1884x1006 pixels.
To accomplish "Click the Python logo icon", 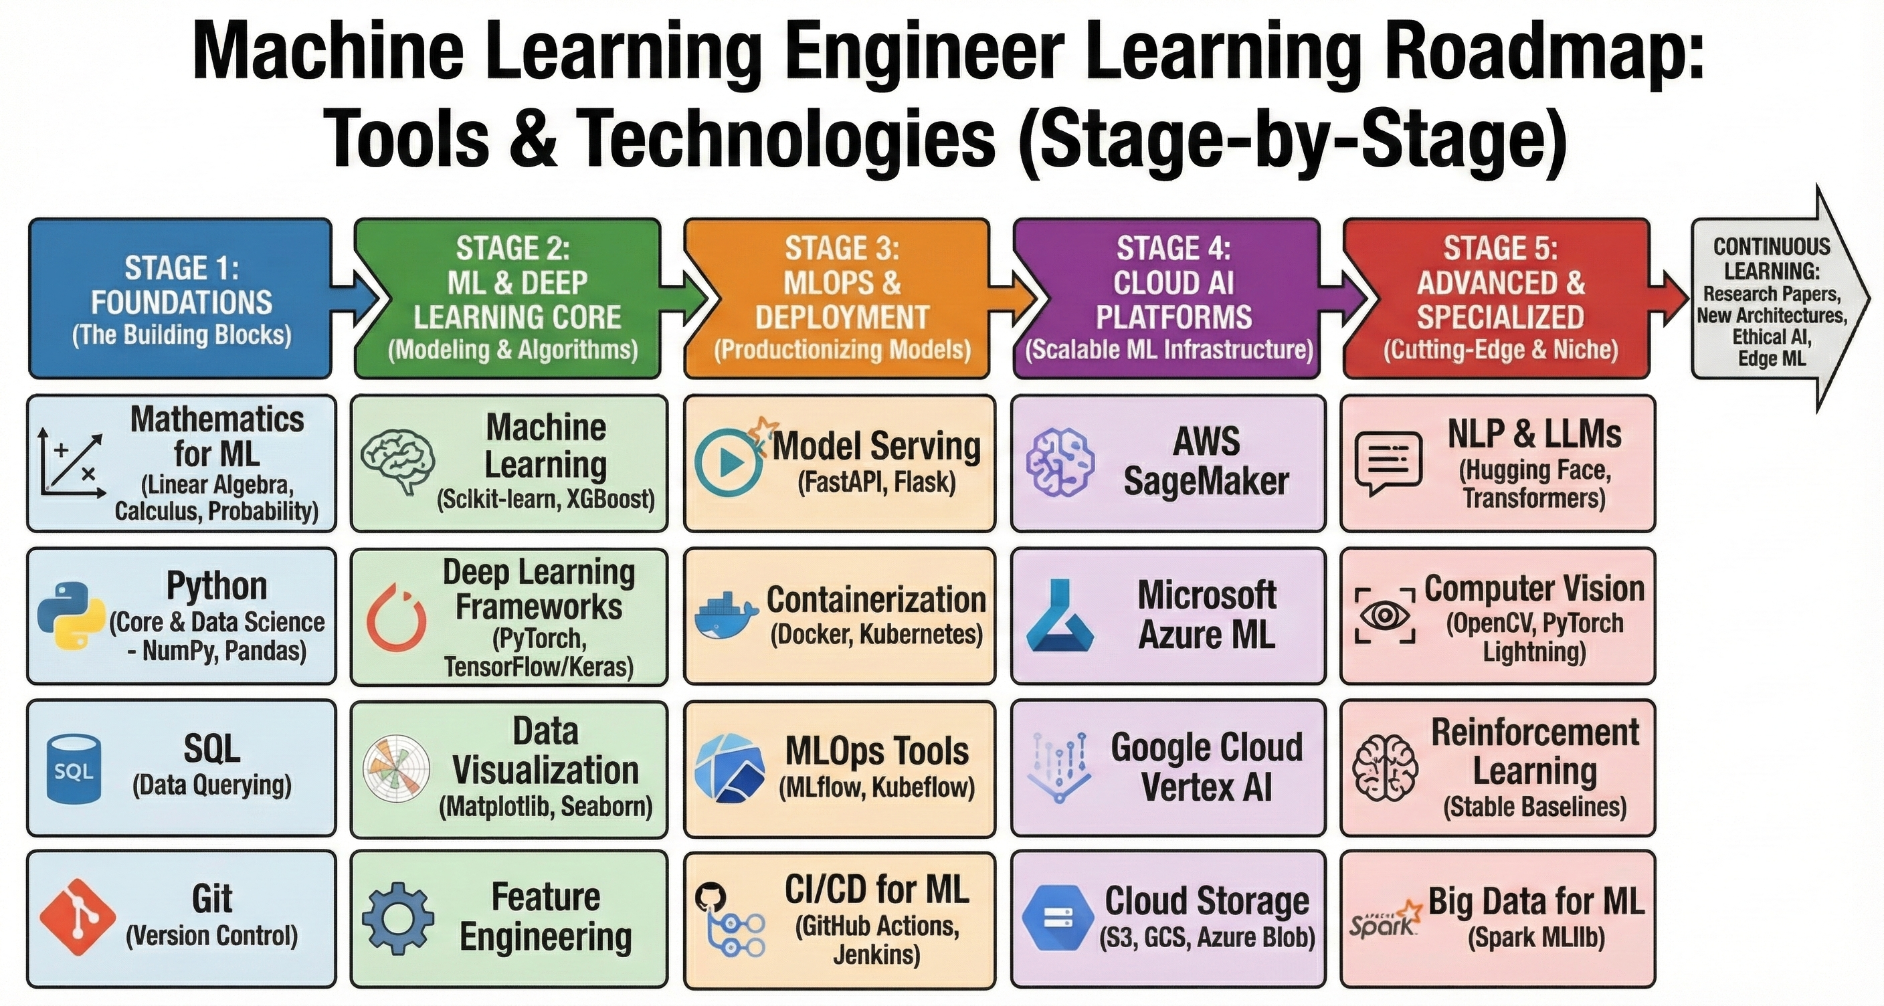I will click(x=71, y=615).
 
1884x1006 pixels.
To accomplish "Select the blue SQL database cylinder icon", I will click(x=73, y=769).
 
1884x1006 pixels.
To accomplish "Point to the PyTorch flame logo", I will click(x=397, y=618).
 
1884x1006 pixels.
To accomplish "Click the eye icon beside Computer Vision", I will click(x=1384, y=615).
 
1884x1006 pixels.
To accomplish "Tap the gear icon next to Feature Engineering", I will click(x=398, y=918).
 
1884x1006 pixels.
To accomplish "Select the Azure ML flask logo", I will click(x=1060, y=616).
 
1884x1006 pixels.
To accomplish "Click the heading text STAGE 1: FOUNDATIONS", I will click(x=181, y=285).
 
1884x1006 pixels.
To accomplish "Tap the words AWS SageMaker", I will click(x=1206, y=462).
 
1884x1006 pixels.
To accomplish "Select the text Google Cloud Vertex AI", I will click(x=1206, y=767).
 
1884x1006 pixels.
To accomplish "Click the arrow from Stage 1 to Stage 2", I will click(x=356, y=298).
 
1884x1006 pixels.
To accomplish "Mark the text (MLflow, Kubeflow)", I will click(x=876, y=788).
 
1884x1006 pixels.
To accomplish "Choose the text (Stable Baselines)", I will click(x=1534, y=807).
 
